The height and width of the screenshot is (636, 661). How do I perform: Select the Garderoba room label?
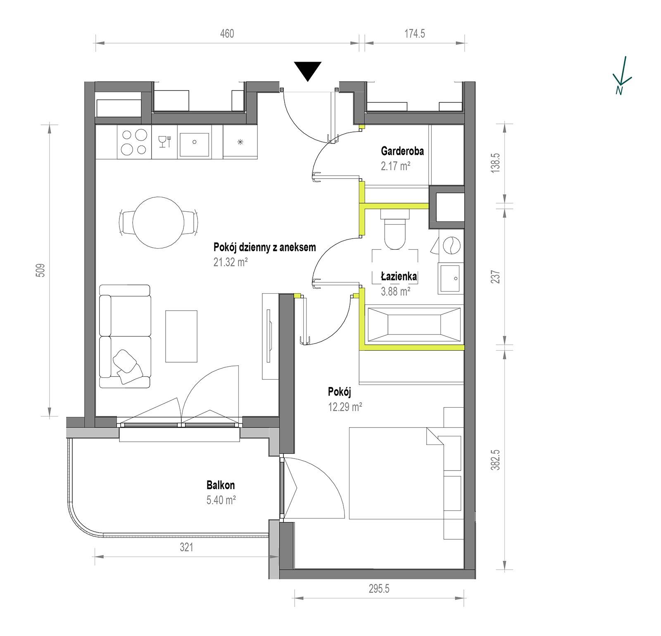click(x=402, y=151)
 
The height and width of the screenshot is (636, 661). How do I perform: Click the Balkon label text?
click(x=221, y=485)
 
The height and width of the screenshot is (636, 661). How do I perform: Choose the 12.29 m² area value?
click(x=345, y=406)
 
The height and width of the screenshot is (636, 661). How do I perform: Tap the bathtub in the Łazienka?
click(x=414, y=324)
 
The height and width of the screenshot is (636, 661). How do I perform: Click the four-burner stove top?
click(x=135, y=142)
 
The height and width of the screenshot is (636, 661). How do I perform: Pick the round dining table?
click(x=158, y=222)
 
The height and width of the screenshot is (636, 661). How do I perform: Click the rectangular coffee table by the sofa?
click(x=181, y=336)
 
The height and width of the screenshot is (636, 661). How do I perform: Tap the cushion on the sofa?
click(x=126, y=363)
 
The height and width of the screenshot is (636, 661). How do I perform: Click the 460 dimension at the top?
click(x=227, y=33)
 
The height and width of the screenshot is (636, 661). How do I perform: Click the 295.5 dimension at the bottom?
click(x=379, y=588)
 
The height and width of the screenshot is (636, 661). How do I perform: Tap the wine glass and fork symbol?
click(x=165, y=141)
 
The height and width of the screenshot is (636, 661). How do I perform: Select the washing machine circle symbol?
click(x=452, y=245)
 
